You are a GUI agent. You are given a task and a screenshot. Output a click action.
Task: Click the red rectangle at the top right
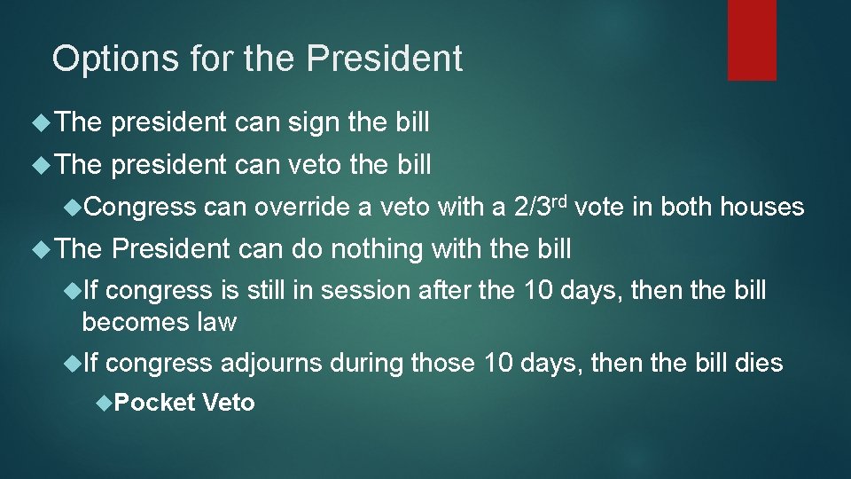(752, 40)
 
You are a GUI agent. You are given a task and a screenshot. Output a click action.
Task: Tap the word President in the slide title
(385, 59)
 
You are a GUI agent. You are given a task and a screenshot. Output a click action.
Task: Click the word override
(300, 208)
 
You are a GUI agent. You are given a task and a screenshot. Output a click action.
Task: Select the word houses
(761, 208)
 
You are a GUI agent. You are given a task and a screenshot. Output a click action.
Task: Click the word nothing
(376, 250)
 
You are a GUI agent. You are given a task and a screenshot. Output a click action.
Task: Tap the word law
(218, 322)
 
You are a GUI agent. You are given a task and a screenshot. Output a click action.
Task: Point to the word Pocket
(154, 404)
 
